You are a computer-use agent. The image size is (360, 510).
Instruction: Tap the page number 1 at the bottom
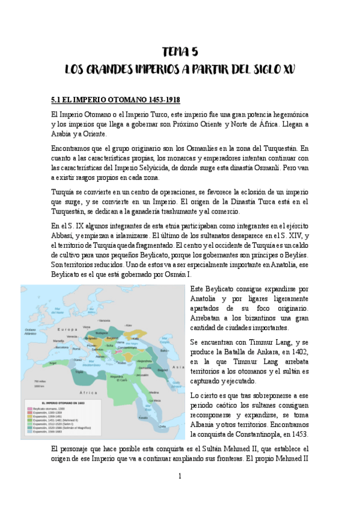[x=179, y=476]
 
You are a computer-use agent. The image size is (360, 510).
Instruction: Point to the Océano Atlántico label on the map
[x=31, y=331]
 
